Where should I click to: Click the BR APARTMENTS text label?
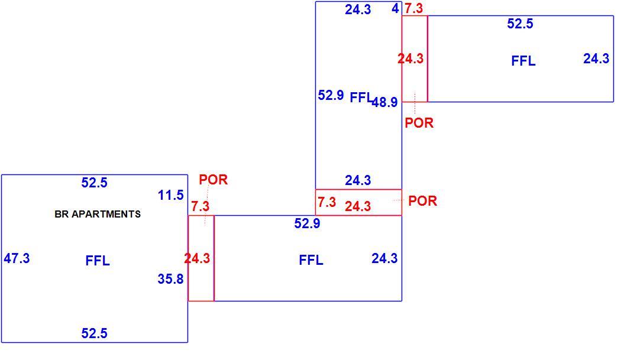(98, 214)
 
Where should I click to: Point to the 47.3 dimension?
(17, 258)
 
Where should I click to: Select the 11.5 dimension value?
(171, 195)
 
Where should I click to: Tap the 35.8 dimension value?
(171, 279)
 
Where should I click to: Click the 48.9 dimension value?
(384, 102)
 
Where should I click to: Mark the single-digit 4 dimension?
(395, 8)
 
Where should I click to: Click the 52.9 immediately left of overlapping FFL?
(331, 95)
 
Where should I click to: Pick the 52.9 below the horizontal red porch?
(307, 224)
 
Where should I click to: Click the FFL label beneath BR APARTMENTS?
(98, 261)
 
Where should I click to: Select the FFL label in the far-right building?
(523, 61)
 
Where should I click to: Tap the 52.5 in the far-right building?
(520, 24)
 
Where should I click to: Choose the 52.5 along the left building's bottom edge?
(94, 333)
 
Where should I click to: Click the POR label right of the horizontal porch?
(423, 201)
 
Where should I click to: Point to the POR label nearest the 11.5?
(213, 180)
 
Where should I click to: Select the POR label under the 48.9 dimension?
(419, 123)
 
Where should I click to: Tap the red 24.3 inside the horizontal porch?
(358, 206)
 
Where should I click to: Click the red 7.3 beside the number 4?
(414, 8)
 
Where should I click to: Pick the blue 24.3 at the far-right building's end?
(596, 59)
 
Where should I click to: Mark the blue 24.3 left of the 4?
(358, 9)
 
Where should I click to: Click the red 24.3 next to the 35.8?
(197, 258)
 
